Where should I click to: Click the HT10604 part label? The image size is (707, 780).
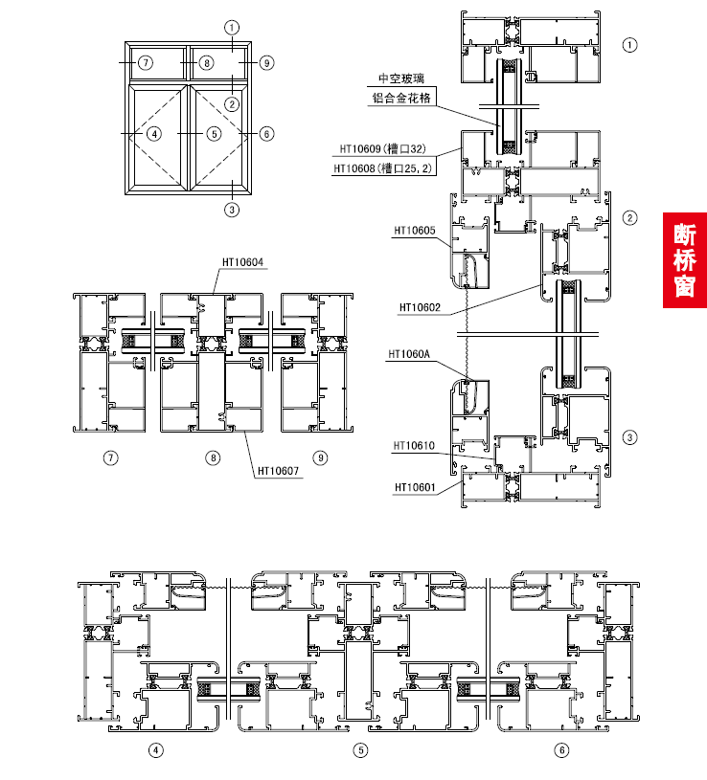click(242, 262)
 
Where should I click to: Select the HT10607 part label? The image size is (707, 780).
click(278, 471)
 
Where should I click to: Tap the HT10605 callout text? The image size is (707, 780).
click(415, 231)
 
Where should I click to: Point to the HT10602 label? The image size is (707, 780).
click(420, 307)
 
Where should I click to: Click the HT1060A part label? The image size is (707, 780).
click(409, 354)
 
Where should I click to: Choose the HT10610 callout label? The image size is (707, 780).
click(414, 446)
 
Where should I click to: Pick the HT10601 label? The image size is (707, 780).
click(415, 487)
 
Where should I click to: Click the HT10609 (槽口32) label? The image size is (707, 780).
click(383, 148)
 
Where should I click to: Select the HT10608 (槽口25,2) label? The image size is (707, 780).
click(383, 168)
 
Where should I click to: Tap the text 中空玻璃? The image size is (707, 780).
click(401, 78)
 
